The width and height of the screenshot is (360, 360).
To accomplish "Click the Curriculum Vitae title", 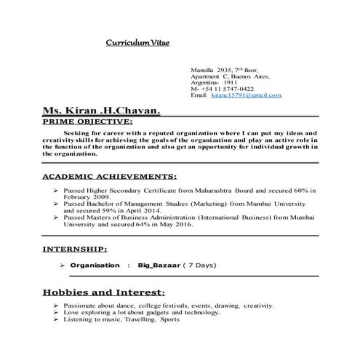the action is [x=137, y=43].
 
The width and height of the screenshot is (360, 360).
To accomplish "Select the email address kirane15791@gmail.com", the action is [x=247, y=96].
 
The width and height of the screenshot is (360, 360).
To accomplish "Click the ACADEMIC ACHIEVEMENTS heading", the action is [x=110, y=176].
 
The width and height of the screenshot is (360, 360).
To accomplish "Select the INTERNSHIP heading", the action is [x=76, y=249].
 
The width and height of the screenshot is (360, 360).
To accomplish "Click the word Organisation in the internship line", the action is [x=95, y=265].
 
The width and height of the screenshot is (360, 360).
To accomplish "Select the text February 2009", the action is [x=89, y=197].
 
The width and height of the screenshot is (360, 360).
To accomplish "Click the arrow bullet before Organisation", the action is [x=63, y=265].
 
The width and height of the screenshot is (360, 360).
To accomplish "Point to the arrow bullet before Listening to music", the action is [x=56, y=319].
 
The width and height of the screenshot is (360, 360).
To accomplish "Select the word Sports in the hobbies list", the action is [x=169, y=319].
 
